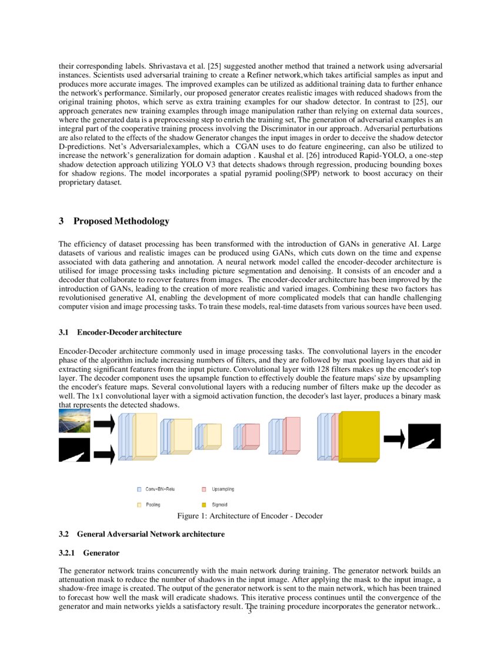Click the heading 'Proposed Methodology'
click(x=121, y=221)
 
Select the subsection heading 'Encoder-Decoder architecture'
click(x=129, y=333)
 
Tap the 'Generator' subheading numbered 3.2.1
click(x=101, y=553)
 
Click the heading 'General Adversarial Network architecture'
click(x=151, y=534)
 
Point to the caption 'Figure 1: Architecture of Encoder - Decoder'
click(x=250, y=516)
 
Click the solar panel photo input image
click(x=74, y=422)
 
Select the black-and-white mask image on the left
click(x=74, y=450)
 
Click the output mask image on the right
click(x=424, y=437)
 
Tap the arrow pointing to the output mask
click(x=394, y=438)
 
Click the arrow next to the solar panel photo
click(x=104, y=423)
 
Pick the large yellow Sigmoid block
click(x=359, y=437)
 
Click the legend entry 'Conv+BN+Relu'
click(x=160, y=489)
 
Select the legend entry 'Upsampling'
click(x=222, y=489)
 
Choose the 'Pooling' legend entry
click(x=152, y=505)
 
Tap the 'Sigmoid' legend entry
click(x=219, y=505)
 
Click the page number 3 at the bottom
click(x=249, y=612)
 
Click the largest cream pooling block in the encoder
click(x=145, y=436)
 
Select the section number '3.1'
click(x=64, y=333)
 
